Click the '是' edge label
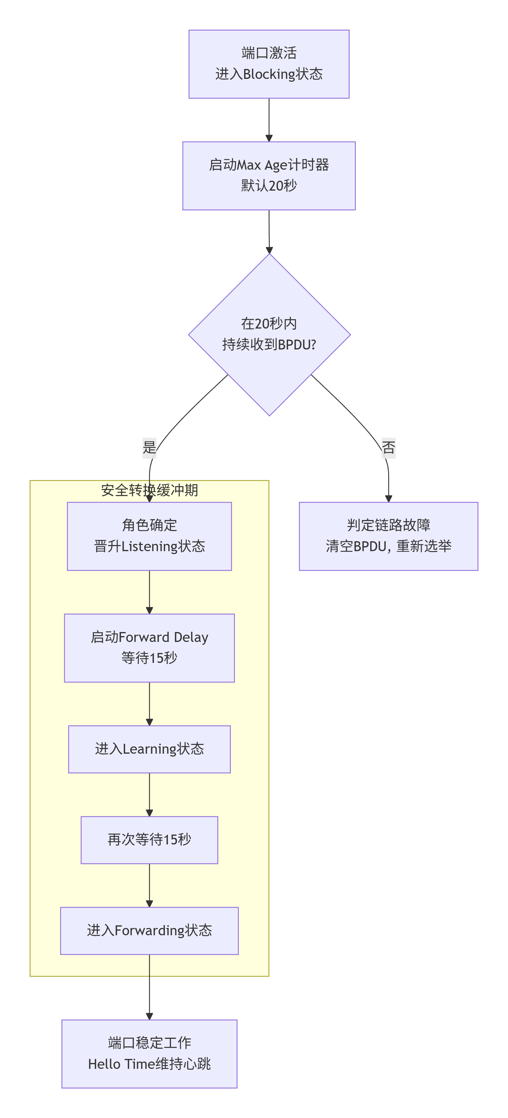tap(149, 447)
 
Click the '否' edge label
tap(388, 447)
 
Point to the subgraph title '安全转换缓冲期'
tap(149, 490)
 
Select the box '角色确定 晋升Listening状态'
tap(149, 536)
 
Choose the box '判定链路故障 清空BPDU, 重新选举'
tap(388, 536)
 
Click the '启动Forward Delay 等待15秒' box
tap(149, 647)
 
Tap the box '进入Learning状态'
tap(149, 749)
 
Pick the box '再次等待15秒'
tap(149, 839)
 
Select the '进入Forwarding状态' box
tap(149, 930)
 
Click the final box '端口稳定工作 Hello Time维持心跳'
tap(149, 1053)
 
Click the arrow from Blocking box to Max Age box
tap(269, 119)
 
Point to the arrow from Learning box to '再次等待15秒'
tap(149, 794)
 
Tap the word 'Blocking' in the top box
tap(269, 74)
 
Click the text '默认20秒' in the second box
tap(269, 186)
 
